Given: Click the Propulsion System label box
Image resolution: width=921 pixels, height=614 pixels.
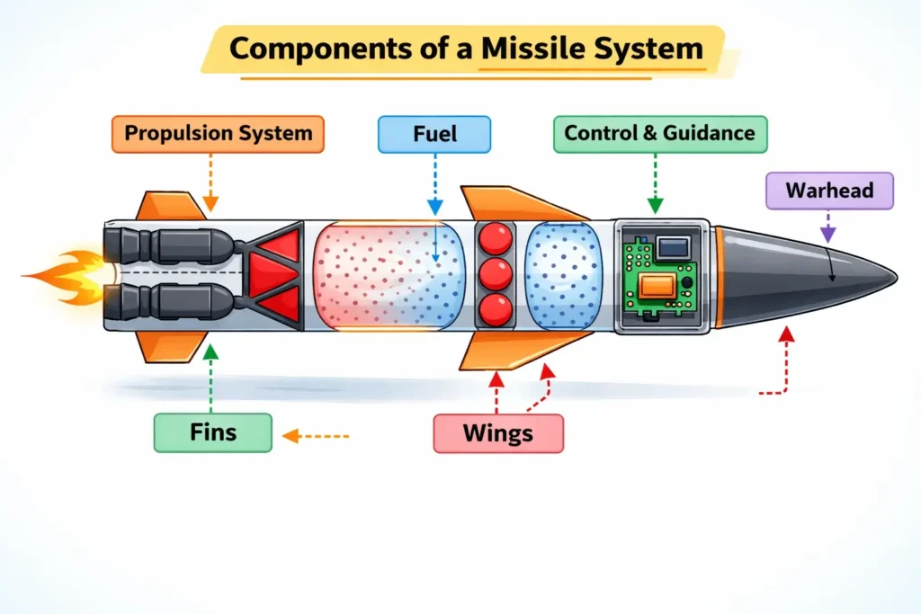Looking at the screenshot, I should coord(218,134).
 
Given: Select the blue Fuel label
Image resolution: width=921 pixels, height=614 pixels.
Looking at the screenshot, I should coord(434,134).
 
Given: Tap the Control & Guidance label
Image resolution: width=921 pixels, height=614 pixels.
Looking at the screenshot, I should coord(659,134).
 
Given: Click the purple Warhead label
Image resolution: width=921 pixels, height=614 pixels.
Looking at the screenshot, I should coord(828,191).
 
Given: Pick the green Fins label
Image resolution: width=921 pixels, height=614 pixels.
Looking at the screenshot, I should coord(212,432).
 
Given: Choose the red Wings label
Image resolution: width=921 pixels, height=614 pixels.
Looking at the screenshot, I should coord(497,433).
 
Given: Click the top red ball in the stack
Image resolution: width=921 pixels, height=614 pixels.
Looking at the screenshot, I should coord(495,237).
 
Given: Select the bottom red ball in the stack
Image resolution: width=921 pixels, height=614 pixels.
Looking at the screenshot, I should coord(495,308).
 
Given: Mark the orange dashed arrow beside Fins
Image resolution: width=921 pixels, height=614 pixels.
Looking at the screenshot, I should coord(315,437).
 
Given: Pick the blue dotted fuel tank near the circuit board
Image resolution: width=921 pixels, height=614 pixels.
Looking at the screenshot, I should coord(562,273).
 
